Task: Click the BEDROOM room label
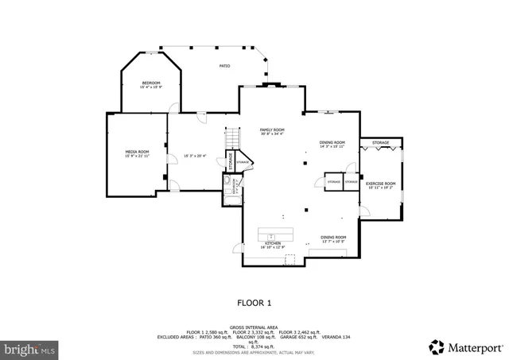tap(151, 83)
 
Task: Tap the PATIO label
tap(225, 66)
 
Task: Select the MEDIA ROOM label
tap(137, 151)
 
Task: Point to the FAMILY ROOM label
tap(272, 130)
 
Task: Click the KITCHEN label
tap(274, 244)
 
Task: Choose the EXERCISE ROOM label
tap(380, 184)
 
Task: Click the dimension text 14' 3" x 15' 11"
tap(332, 146)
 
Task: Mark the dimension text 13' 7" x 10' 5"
tap(333, 241)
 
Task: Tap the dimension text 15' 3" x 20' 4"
tap(195, 155)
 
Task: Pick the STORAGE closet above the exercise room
tap(380, 143)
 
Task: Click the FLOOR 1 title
tap(254, 303)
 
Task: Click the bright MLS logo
tap(30, 347)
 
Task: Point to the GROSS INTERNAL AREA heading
tap(254, 327)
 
